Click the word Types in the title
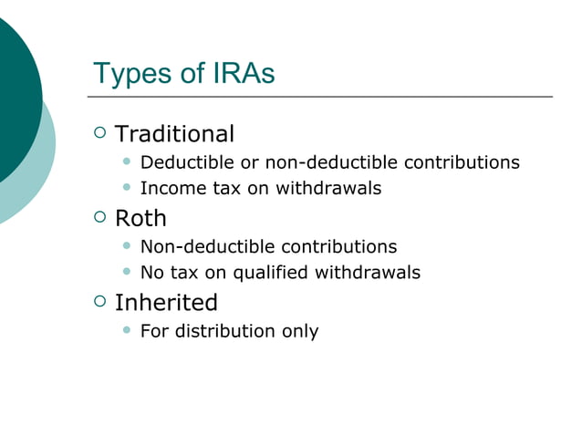(133, 74)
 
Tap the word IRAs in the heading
(240, 74)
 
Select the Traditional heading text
(174, 134)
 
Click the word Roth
(140, 219)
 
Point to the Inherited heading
(166, 303)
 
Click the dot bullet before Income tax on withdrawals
(127, 188)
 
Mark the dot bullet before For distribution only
(127, 330)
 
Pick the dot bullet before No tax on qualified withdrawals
(127, 272)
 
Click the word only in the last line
(300, 331)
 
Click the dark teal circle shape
(14, 96)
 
